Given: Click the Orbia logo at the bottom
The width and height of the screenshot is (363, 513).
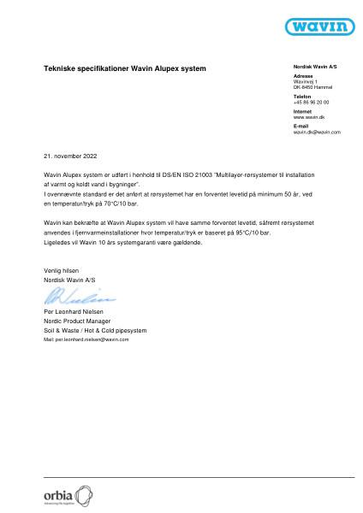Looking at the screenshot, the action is (67, 495).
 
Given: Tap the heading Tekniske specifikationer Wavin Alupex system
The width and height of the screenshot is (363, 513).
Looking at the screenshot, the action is (124, 67).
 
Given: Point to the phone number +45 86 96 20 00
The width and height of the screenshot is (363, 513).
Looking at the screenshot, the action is (311, 102).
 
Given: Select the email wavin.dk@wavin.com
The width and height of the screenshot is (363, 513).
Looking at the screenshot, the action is (317, 132).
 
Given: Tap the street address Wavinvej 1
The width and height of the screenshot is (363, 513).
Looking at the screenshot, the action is (305, 81).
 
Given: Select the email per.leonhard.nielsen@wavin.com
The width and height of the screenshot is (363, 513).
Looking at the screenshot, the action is (86, 339).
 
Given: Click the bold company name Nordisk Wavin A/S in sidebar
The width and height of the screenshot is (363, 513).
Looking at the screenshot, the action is (315, 66).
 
